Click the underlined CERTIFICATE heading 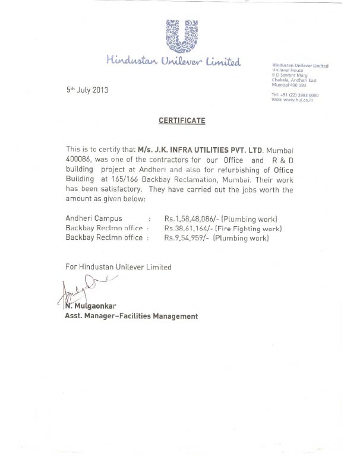pyautogui.click(x=182, y=120)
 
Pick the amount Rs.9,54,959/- pyautogui.click(x=187, y=238)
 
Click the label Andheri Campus pyautogui.click(x=94, y=219)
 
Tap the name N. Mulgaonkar pyautogui.click(x=92, y=307)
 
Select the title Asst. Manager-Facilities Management pyautogui.click(x=131, y=316)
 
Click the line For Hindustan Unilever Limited pyautogui.click(x=118, y=267)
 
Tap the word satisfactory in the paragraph pyautogui.click(x=122, y=190)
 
